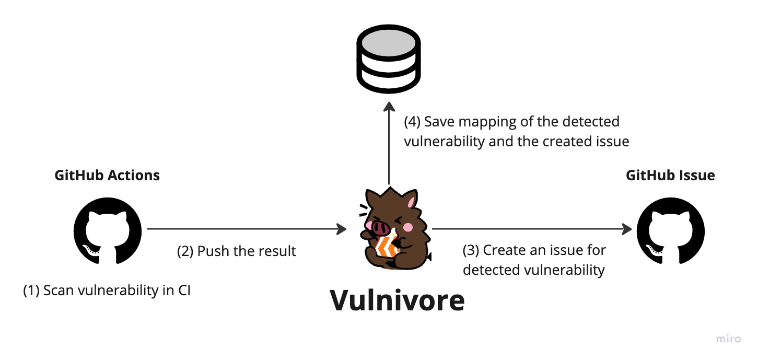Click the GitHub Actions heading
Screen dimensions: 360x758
(107, 175)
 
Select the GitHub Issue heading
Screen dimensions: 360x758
(670, 175)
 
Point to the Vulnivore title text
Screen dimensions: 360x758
(397, 300)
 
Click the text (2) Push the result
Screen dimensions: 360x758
(237, 251)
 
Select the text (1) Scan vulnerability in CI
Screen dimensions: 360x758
(107, 291)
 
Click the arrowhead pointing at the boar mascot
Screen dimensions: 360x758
(342, 229)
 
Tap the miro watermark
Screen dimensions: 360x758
(728, 339)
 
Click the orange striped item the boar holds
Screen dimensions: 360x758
(388, 246)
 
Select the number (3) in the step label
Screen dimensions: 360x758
(471, 250)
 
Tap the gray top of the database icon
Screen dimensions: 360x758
(388, 43)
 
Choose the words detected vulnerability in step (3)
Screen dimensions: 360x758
(533, 270)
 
